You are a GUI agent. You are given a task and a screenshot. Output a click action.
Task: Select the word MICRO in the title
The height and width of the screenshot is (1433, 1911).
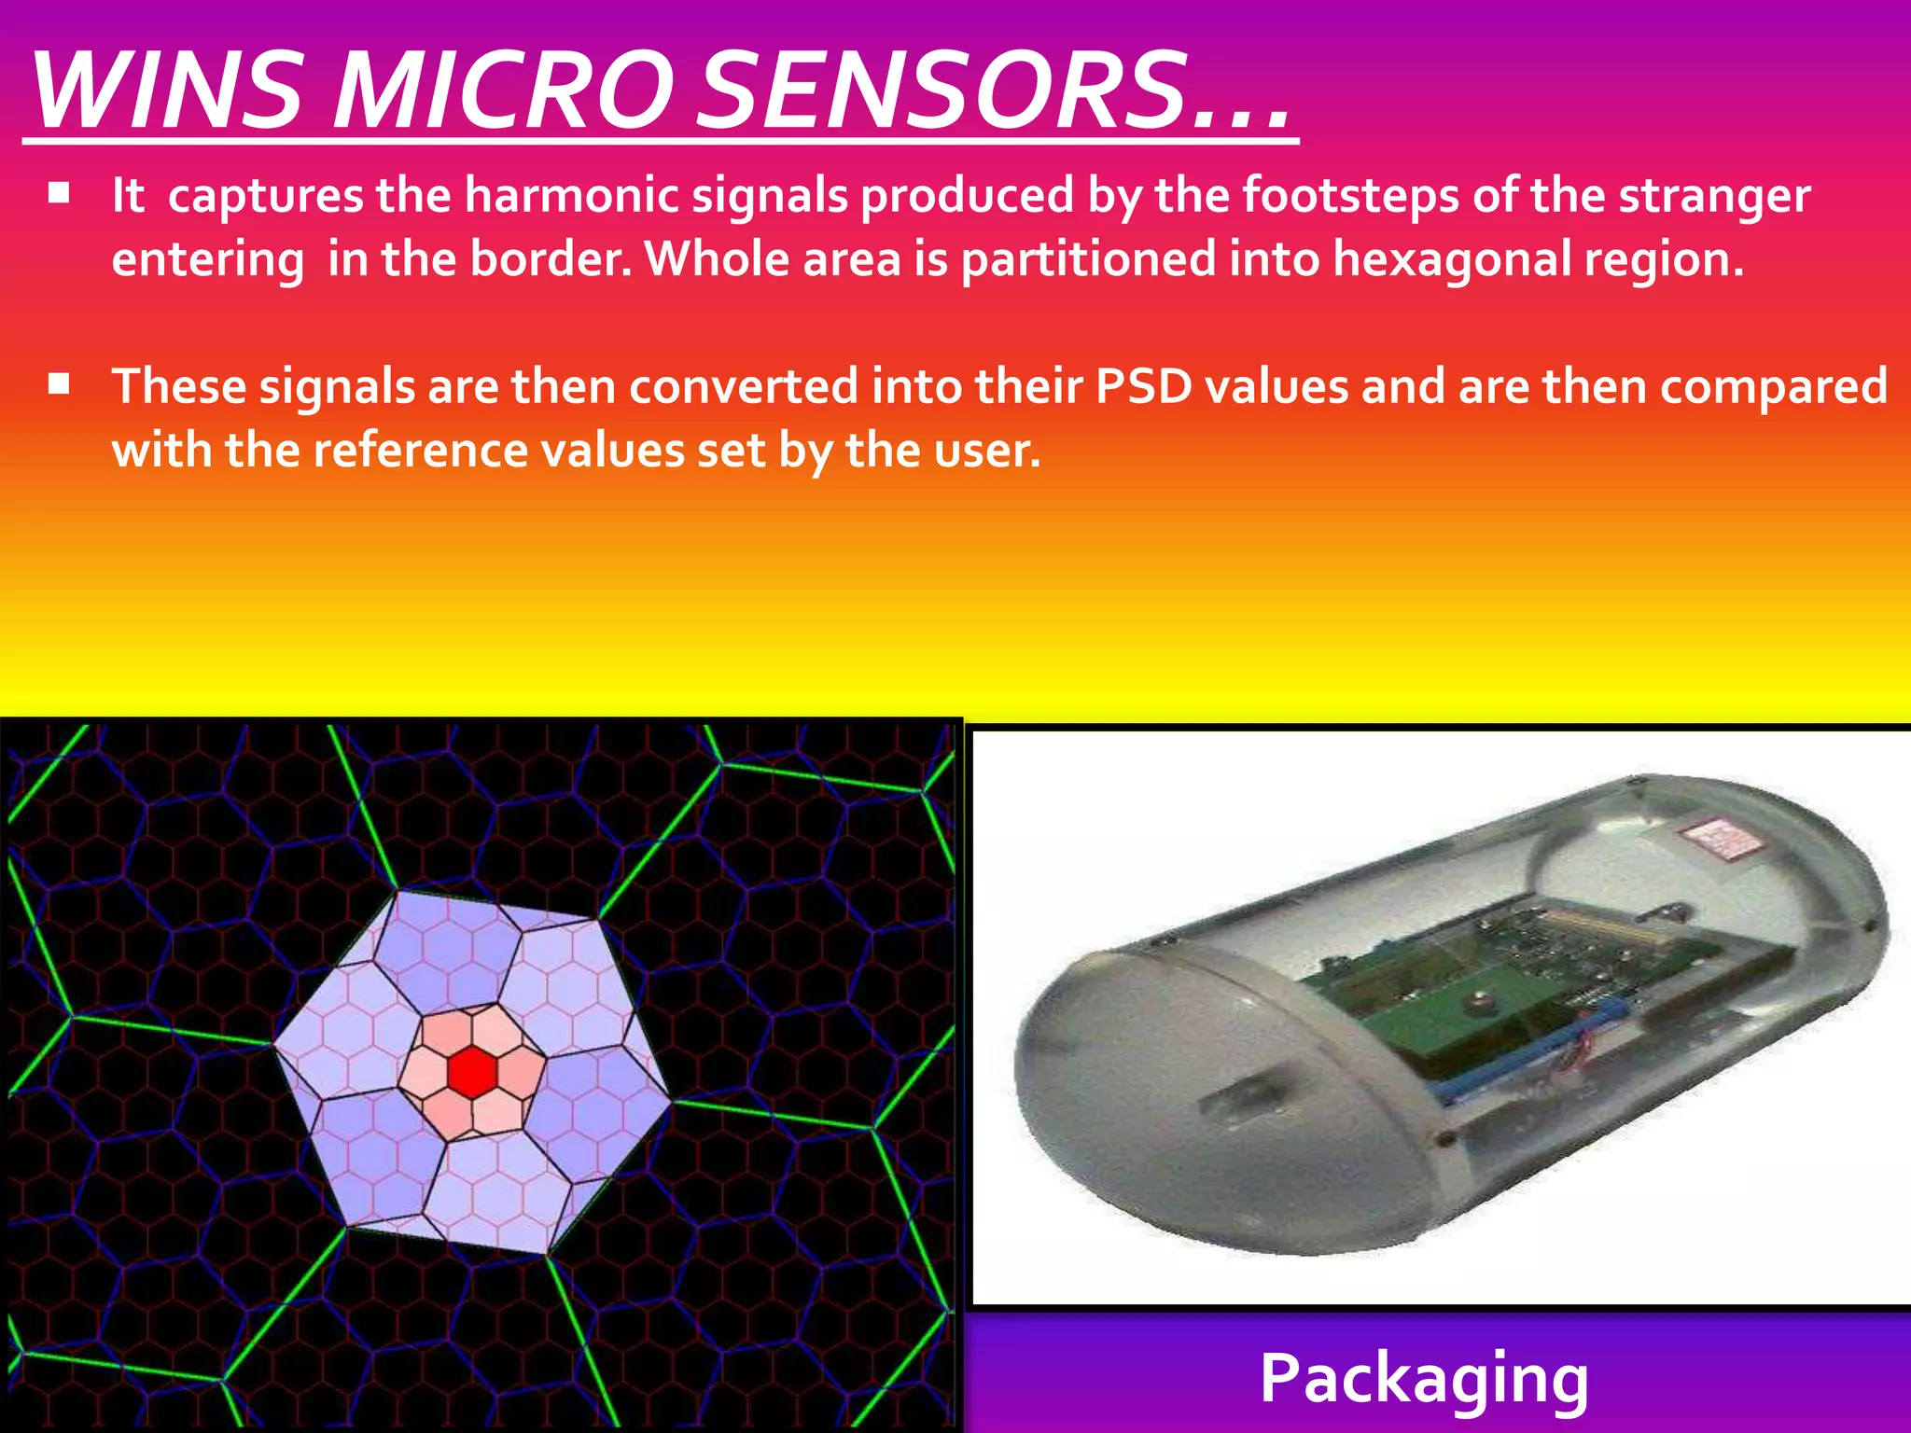(x=500, y=90)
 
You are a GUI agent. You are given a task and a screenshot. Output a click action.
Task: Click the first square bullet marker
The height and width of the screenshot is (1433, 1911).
(x=60, y=193)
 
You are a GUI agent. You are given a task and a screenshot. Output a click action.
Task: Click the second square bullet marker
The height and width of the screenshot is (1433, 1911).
(x=60, y=384)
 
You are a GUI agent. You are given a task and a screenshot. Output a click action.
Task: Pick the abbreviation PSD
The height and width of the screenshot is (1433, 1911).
(x=1144, y=386)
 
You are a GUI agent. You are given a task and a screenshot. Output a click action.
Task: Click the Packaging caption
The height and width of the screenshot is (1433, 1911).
(x=1424, y=1378)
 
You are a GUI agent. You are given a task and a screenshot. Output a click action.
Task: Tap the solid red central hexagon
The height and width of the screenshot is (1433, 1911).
(x=471, y=1072)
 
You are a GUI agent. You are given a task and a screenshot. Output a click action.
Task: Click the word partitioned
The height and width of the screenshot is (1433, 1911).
(x=1088, y=258)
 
